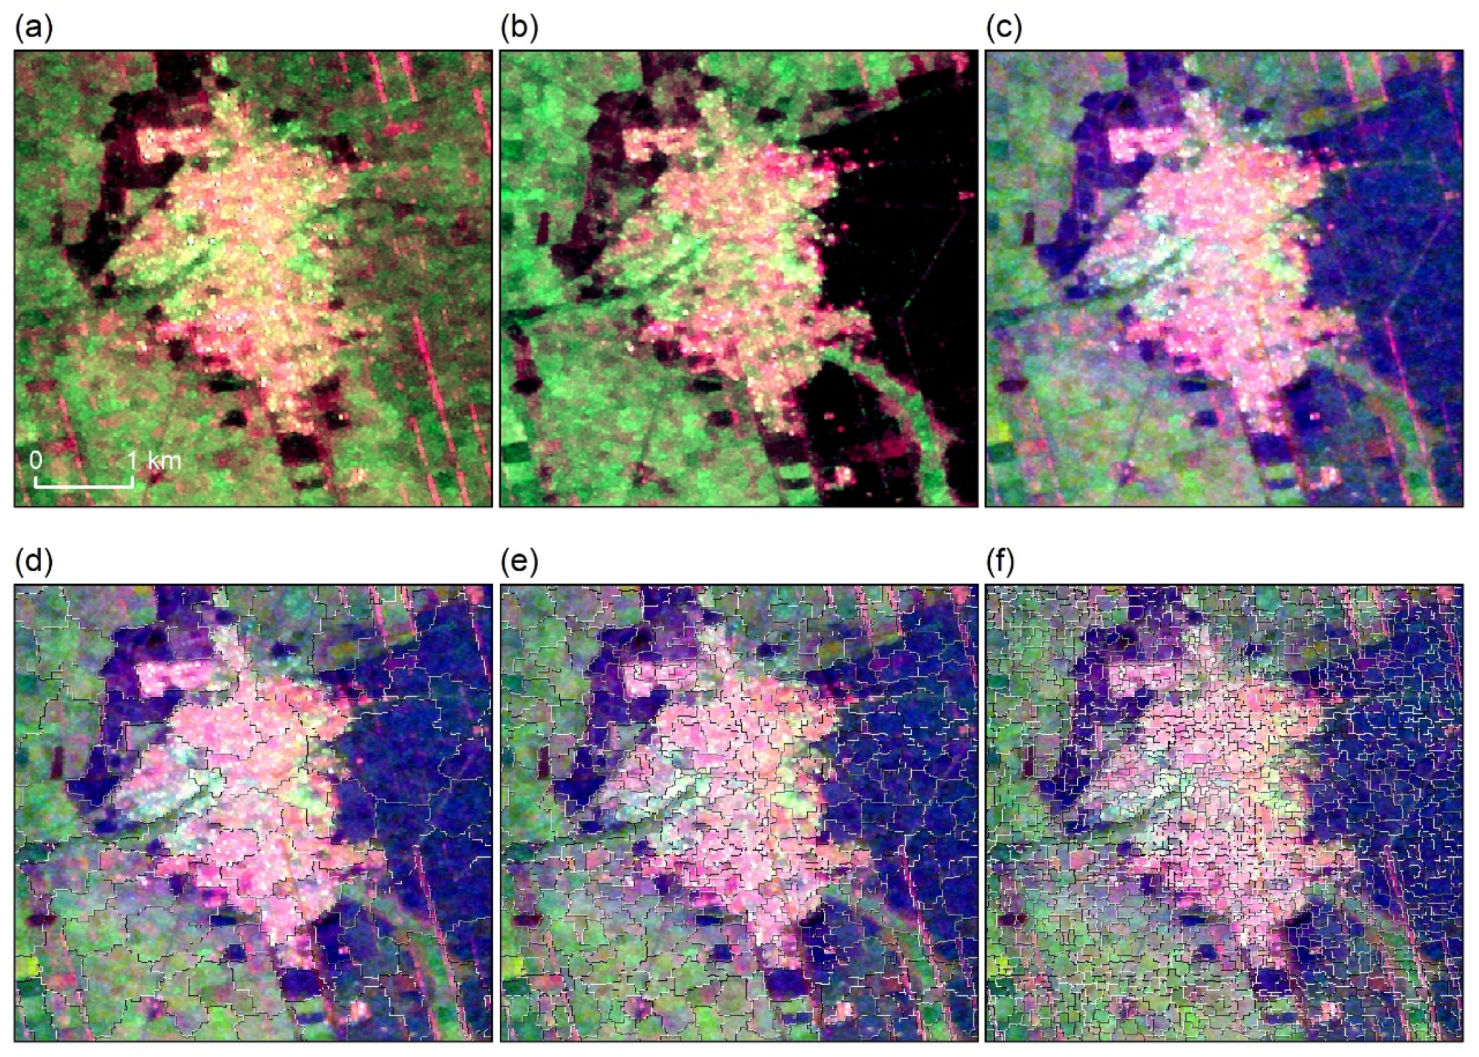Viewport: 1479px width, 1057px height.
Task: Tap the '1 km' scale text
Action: coord(155,461)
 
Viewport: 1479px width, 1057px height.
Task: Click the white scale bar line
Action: coord(83,486)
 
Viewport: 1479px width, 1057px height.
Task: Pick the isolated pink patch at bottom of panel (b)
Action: coord(843,475)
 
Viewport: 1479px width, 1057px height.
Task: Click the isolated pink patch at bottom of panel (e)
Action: coord(843,1009)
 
